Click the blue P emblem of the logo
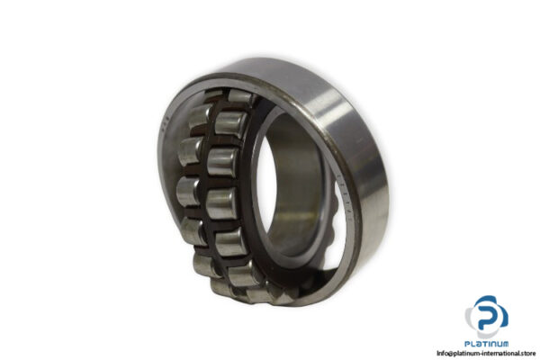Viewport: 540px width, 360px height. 486,314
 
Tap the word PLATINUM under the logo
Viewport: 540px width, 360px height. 486,341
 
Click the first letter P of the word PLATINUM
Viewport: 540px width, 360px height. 466,341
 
